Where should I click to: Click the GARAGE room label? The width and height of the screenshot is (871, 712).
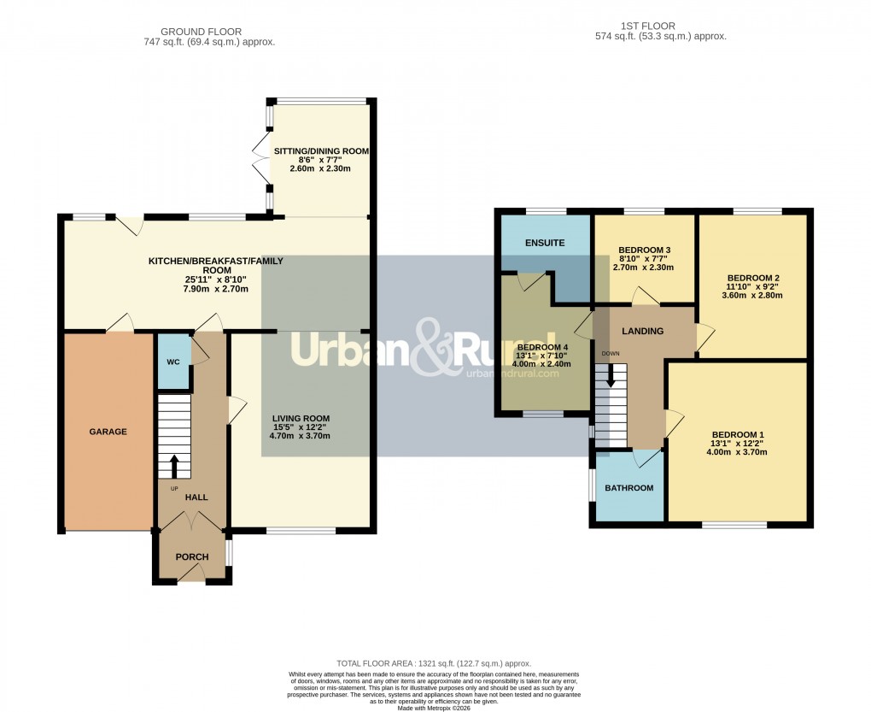tap(108, 432)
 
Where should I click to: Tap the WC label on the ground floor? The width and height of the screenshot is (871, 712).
tap(172, 362)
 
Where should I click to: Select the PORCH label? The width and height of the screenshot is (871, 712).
tap(192, 557)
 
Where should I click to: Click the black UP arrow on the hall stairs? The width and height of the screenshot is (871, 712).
tap(174, 466)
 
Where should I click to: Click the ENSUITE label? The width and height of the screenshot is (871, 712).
tap(545, 243)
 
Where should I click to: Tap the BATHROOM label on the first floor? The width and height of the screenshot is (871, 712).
tap(628, 488)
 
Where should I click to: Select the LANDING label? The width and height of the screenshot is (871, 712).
tap(643, 332)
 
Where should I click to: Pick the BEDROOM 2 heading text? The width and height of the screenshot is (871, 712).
tap(753, 278)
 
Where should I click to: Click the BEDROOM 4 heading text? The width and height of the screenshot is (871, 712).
tap(541, 345)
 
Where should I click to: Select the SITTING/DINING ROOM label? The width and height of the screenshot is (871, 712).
tap(321, 151)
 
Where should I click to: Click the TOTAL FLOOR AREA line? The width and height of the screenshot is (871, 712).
tap(434, 663)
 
